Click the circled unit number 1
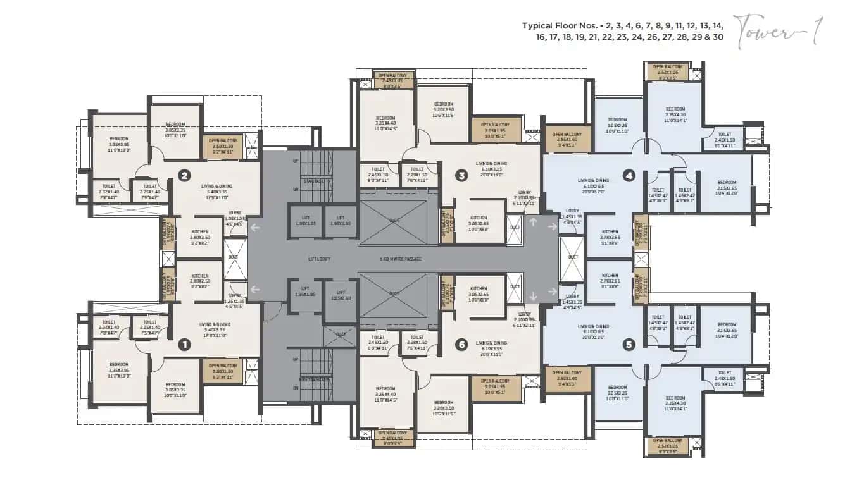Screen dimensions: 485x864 pyautogui.click(x=184, y=345)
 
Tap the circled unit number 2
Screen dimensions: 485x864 pyautogui.click(x=184, y=175)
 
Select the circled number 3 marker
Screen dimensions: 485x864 pyautogui.click(x=461, y=175)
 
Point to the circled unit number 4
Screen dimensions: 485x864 pyautogui.click(x=629, y=175)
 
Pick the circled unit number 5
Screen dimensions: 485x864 pyautogui.click(x=629, y=345)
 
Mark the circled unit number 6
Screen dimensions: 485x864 pyautogui.click(x=461, y=345)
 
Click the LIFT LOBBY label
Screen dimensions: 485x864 pyautogui.click(x=320, y=259)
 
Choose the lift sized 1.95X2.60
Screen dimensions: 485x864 pyautogui.click(x=341, y=295)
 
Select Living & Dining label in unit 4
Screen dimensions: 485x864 pyautogui.click(x=593, y=183)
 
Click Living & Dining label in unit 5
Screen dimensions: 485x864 pyautogui.click(x=593, y=329)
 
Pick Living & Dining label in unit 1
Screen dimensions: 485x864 pyautogui.click(x=215, y=327)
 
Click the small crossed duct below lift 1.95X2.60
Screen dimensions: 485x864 pyautogui.click(x=341, y=335)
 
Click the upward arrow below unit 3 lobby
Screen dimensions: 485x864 pyautogui.click(x=532, y=222)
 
